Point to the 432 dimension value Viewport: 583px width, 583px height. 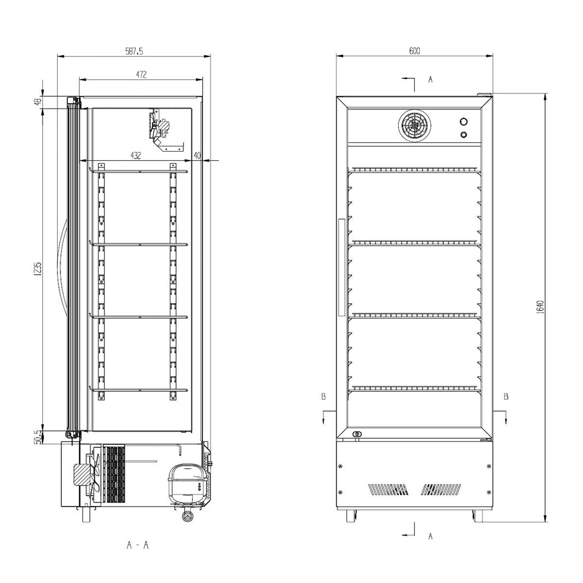(x=136, y=155)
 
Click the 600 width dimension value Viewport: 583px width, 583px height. (x=414, y=51)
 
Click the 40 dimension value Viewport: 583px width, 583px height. (x=197, y=155)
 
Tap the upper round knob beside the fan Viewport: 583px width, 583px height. (x=463, y=121)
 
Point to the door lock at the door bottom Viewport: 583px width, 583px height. (x=358, y=434)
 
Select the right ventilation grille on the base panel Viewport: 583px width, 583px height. (x=442, y=489)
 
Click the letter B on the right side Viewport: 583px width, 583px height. (x=506, y=396)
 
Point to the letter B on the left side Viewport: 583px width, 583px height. (x=323, y=396)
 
